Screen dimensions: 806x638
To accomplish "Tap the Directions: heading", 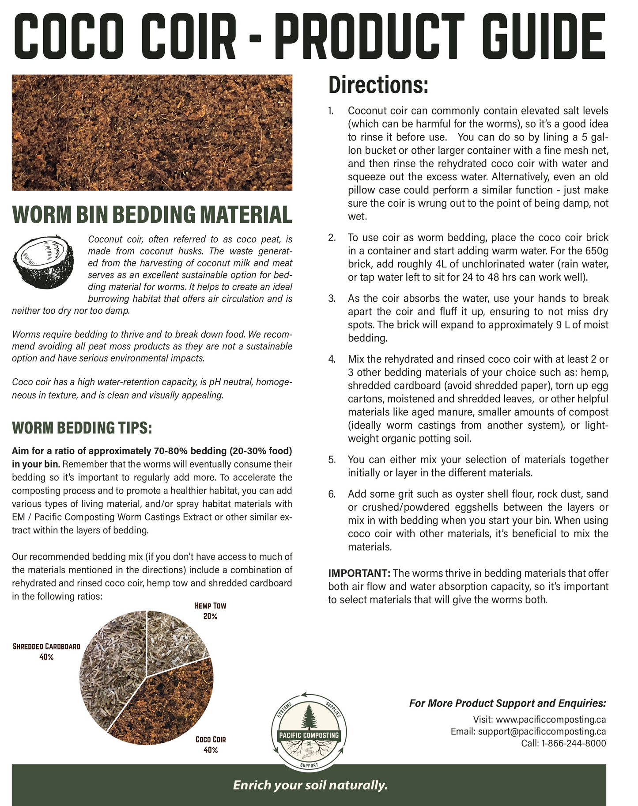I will [x=378, y=85].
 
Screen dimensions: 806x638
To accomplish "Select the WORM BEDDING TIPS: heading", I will [x=82, y=428].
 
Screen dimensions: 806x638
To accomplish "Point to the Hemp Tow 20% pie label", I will [x=210, y=611].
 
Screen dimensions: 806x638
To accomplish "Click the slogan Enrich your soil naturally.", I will [x=310, y=785].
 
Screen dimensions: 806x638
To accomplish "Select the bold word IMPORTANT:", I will [x=359, y=574].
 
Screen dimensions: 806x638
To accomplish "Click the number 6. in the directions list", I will [x=332, y=494].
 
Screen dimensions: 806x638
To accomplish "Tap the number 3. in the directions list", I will [x=332, y=298].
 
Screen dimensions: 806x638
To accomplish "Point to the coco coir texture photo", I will [x=152, y=132].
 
